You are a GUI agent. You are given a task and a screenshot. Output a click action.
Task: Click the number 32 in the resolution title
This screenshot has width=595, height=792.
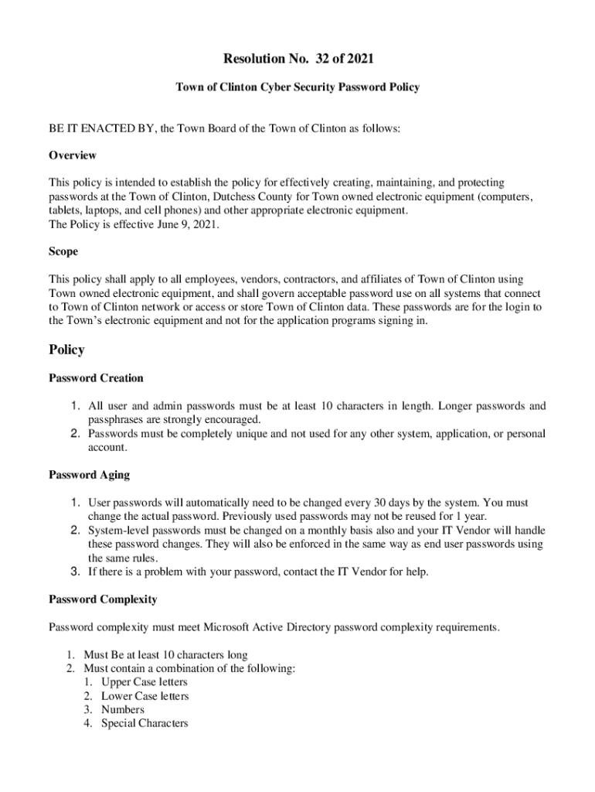(316, 59)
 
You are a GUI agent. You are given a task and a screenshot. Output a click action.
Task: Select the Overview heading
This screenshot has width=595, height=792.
(73, 155)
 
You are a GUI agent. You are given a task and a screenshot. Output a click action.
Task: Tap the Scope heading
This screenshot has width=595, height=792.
(63, 251)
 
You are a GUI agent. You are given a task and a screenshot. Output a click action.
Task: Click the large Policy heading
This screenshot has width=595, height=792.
(66, 350)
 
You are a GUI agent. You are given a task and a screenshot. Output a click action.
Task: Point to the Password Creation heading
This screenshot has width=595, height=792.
(96, 378)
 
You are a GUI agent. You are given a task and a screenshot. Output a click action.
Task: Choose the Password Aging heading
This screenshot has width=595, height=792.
(89, 475)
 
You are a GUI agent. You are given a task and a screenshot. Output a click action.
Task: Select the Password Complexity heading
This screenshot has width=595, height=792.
(103, 599)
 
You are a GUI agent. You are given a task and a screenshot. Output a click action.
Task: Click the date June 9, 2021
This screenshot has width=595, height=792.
(185, 224)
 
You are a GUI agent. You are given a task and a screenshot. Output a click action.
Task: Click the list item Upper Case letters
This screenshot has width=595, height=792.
(144, 682)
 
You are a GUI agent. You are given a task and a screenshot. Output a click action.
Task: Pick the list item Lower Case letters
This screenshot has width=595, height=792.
(144, 696)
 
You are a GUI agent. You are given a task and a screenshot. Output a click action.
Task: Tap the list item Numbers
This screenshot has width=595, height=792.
(122, 709)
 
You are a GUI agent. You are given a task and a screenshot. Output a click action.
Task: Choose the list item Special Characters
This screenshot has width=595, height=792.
(144, 723)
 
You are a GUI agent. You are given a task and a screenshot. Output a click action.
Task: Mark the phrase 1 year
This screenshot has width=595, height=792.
(468, 517)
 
